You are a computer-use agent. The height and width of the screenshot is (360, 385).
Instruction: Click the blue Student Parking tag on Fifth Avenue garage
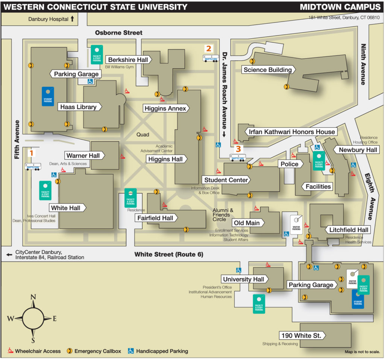pyautogui.click(x=48, y=96)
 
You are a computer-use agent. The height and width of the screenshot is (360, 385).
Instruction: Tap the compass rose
pyautogui.click(x=33, y=319)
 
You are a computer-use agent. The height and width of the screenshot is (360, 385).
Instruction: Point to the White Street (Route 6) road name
pyautogui.click(x=169, y=255)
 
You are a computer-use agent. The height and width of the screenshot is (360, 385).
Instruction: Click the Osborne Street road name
pyautogui.click(x=118, y=33)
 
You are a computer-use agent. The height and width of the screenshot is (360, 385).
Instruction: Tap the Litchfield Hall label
pyautogui.click(x=349, y=230)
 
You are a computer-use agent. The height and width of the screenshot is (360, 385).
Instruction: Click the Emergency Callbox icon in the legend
pyautogui.click(x=70, y=351)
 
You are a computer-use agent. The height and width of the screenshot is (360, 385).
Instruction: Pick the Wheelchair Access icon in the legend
pyautogui.click(x=11, y=351)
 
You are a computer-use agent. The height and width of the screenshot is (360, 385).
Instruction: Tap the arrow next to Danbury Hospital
pyautogui.click(x=73, y=18)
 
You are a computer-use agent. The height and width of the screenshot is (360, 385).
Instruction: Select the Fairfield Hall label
pyautogui.click(x=156, y=218)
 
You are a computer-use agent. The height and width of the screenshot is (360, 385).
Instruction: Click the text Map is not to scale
pyautogui.click(x=362, y=352)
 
